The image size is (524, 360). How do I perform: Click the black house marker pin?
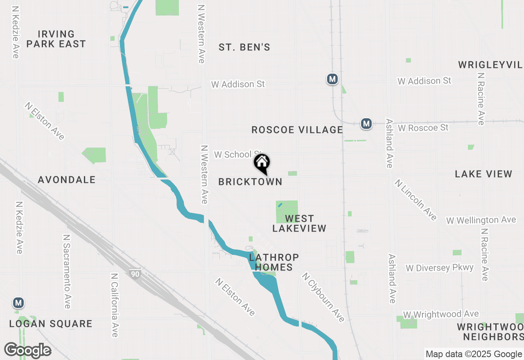pyautogui.click(x=262, y=164)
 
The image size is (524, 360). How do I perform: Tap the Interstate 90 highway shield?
pyautogui.click(x=135, y=274)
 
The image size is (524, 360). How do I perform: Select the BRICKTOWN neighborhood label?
pyautogui.click(x=250, y=182)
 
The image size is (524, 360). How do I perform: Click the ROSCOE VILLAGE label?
pyautogui.click(x=297, y=130)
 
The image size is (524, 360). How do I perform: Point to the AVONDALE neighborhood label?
pyautogui.click(x=67, y=180)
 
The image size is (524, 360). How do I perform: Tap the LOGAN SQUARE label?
pyautogui.click(x=51, y=324)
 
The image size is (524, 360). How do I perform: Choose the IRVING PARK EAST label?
pyautogui.click(x=56, y=39)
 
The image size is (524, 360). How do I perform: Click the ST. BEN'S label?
pyautogui.click(x=244, y=47)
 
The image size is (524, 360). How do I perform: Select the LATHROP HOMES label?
pyautogui.click(x=274, y=262)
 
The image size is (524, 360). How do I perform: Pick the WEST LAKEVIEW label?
pyautogui.click(x=299, y=223)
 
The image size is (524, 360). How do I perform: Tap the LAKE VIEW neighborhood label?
pyautogui.click(x=483, y=174)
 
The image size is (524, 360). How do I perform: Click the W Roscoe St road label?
pyautogui.click(x=423, y=128)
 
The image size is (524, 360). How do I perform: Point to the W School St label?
pyautogui.click(x=238, y=154)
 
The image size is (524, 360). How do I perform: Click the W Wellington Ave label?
pyautogui.click(x=481, y=220)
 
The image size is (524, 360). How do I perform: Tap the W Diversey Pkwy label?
pyautogui.click(x=440, y=268)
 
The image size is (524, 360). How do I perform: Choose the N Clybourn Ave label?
pyautogui.click(x=323, y=297)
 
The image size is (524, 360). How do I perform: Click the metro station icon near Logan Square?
pyautogui.click(x=18, y=303)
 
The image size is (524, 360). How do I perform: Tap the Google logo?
pyautogui.click(x=27, y=350)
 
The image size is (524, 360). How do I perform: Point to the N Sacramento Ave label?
pyautogui.click(x=67, y=272)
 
